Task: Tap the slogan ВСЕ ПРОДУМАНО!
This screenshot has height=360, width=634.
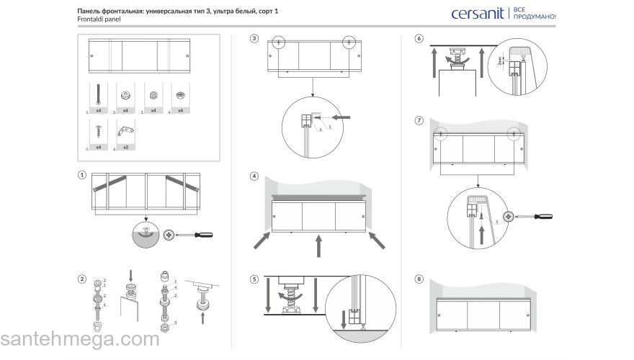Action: pyautogui.click(x=534, y=13)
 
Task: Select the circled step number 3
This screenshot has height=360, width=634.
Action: pyautogui.click(x=254, y=38)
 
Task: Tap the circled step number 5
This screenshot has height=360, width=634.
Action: pyautogui.click(x=254, y=279)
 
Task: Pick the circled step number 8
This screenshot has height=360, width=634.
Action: pyautogui.click(x=419, y=279)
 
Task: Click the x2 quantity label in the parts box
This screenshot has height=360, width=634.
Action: pyautogui.click(x=126, y=146)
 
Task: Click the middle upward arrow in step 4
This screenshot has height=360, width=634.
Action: pyautogui.click(x=317, y=246)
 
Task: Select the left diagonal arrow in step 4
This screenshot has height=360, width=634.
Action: pyautogui.click(x=263, y=240)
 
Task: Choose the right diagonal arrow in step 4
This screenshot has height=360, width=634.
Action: pyautogui.click(x=377, y=240)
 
